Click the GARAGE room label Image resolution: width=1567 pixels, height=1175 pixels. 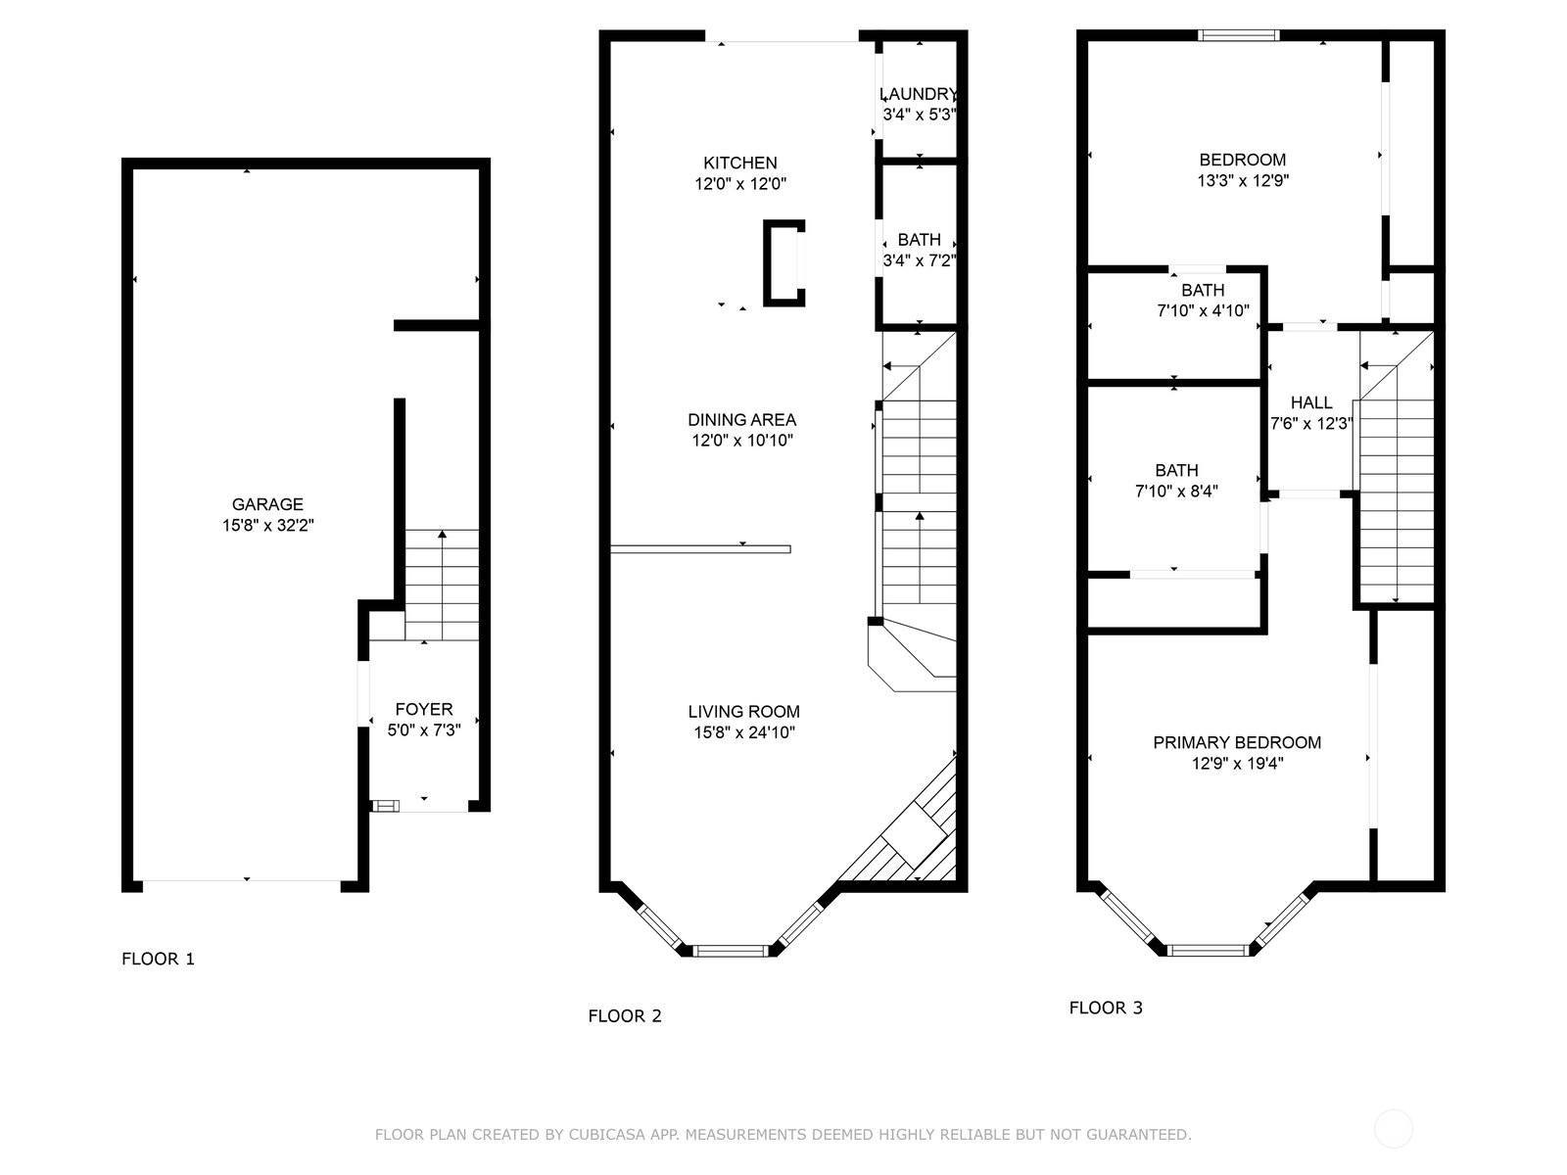(x=267, y=504)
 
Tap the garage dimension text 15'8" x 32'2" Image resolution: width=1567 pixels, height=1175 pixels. (x=267, y=526)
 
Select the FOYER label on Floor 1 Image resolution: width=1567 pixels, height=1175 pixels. (x=424, y=709)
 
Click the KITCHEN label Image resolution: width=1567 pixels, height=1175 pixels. (x=740, y=163)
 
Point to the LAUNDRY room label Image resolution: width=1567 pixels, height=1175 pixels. (x=919, y=94)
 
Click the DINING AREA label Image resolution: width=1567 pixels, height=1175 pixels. (x=741, y=419)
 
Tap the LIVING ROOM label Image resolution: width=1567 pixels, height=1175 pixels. (x=744, y=711)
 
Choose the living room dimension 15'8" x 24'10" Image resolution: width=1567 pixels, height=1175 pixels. (x=744, y=732)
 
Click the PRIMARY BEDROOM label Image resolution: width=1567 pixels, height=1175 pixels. (x=1237, y=742)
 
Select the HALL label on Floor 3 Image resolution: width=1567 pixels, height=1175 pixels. (x=1311, y=402)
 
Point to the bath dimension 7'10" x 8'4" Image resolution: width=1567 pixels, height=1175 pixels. (x=1176, y=492)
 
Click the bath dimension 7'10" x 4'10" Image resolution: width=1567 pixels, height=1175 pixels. (x=1203, y=311)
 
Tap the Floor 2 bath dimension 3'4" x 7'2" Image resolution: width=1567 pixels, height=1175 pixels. (x=920, y=260)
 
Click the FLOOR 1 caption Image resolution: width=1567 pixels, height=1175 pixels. (x=158, y=959)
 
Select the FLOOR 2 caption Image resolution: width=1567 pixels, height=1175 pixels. (x=625, y=1016)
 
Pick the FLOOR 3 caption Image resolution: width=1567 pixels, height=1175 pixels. (x=1106, y=1008)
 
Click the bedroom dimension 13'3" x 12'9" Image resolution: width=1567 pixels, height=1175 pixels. (x=1243, y=180)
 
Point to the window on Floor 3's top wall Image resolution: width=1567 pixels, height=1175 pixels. (x=1239, y=35)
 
